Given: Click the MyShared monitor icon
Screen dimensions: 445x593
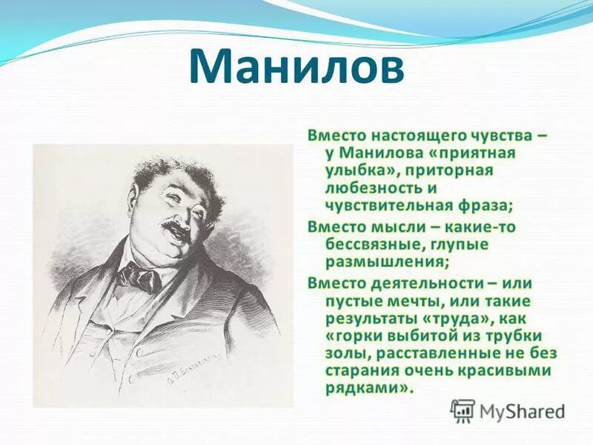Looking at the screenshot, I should coord(463,411).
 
